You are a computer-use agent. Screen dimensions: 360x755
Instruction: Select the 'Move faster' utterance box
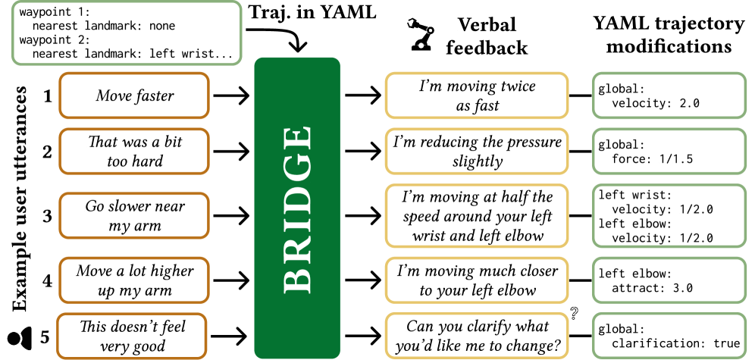click(134, 96)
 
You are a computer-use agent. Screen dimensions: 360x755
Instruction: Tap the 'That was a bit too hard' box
click(134, 151)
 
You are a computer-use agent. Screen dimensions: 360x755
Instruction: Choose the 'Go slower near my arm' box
click(134, 215)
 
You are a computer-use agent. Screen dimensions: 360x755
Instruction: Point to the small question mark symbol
click(575, 313)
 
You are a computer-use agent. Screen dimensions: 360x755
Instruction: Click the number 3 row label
click(47, 215)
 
